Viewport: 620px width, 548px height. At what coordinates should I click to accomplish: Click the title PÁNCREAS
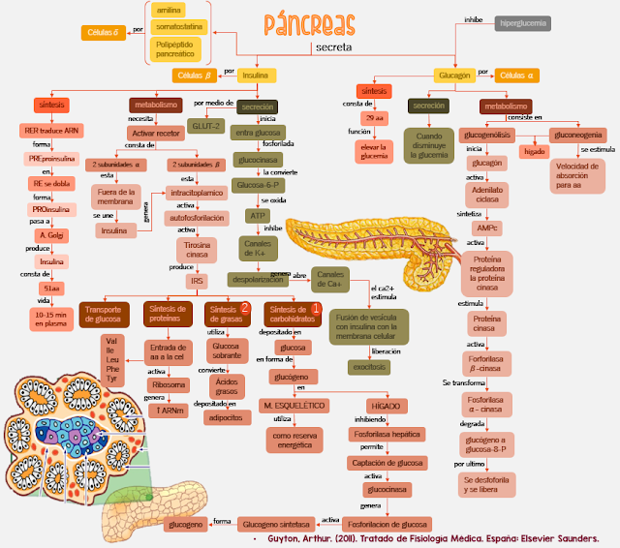(309, 23)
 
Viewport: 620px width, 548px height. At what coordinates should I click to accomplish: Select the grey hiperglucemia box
(524, 22)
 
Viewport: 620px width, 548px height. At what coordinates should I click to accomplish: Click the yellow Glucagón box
(454, 75)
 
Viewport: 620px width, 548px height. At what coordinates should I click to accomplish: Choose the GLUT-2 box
(203, 125)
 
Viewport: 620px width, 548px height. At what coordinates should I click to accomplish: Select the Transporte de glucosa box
(103, 314)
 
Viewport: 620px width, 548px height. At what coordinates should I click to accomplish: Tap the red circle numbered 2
(245, 308)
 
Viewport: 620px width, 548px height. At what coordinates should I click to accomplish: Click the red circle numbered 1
(315, 308)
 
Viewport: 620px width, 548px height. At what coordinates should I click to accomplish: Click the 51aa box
(50, 289)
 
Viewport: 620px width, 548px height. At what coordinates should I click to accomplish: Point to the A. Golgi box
(50, 235)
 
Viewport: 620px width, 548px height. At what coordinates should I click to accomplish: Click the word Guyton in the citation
(283, 538)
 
